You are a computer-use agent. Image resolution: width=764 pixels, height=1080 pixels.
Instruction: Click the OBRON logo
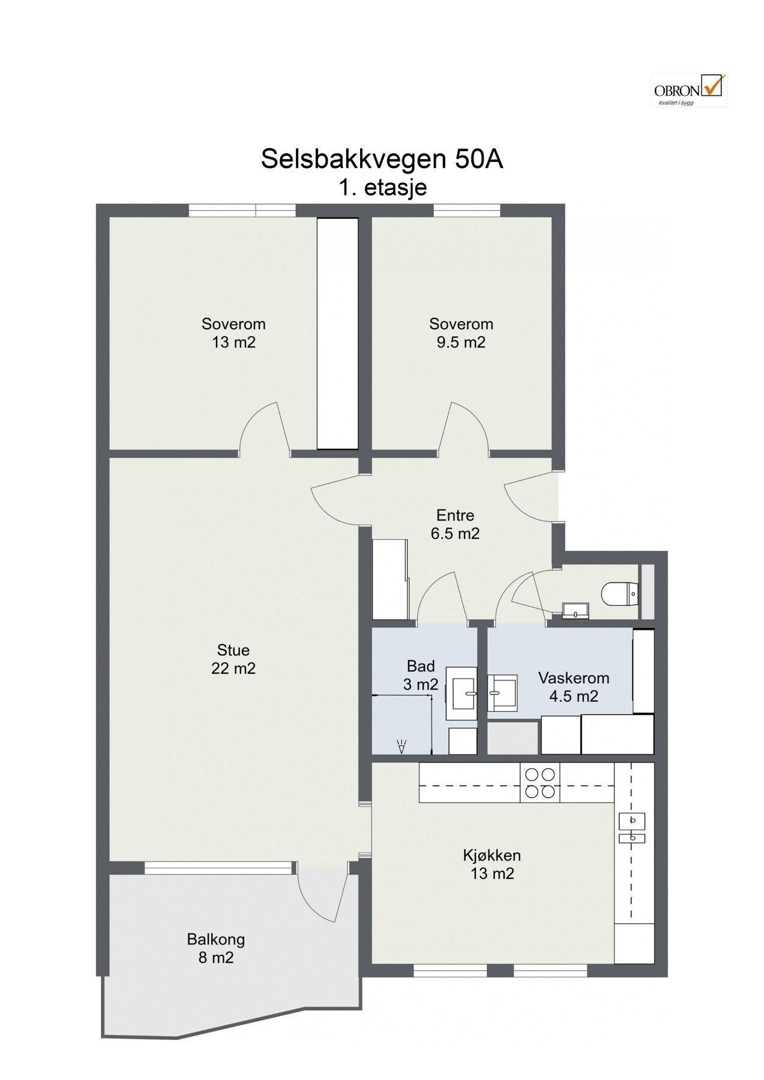(689, 90)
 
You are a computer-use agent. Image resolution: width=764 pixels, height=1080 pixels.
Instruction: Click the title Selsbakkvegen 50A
(382, 159)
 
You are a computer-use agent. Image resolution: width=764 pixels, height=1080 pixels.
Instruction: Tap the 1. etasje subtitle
(382, 187)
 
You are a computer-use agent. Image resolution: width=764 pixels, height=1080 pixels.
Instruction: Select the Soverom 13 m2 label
(233, 333)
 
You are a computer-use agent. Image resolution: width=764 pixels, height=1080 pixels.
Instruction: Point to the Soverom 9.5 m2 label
(461, 333)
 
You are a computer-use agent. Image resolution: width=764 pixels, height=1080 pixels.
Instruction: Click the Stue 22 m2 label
(233, 659)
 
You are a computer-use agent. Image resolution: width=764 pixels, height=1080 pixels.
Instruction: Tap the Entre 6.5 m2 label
(455, 524)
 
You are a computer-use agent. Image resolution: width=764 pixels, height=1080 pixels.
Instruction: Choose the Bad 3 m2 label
(421, 675)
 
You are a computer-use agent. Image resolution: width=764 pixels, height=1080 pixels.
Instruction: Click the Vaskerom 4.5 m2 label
(574, 687)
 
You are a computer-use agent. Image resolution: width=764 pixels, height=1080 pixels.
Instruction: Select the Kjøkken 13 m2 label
(492, 864)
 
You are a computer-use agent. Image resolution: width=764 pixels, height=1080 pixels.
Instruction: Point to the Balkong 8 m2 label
(215, 948)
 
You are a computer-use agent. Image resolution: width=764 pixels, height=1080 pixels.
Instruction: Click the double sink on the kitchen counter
(631, 828)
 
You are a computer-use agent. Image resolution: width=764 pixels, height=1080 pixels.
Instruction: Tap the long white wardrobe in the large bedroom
(337, 333)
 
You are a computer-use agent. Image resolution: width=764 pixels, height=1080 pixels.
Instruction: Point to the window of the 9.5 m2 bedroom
(467, 210)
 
